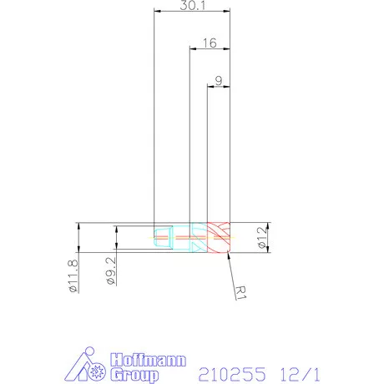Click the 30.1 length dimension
click(191, 5)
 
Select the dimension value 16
click(209, 42)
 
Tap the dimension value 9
click(218, 80)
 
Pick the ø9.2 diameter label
click(110, 271)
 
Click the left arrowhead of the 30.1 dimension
click(157, 12)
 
